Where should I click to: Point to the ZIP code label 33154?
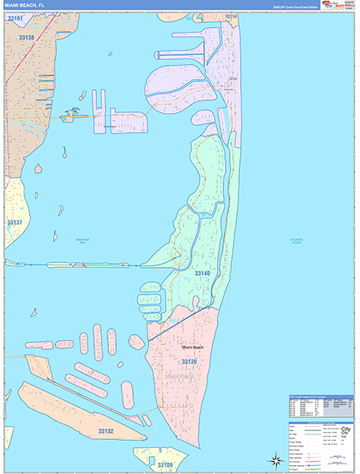[231, 16]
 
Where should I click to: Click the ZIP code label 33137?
[15, 222]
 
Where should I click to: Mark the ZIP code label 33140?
[203, 273]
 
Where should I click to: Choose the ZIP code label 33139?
[188, 361]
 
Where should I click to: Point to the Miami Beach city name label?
[193, 347]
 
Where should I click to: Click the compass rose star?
[276, 459]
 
